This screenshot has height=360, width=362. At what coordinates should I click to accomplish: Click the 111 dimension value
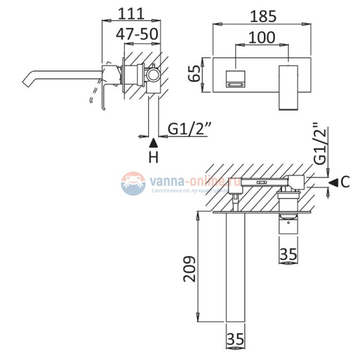tap(131, 13)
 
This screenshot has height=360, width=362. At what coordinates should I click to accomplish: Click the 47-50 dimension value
tap(135, 33)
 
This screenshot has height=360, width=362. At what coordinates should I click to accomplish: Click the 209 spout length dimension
tap(189, 269)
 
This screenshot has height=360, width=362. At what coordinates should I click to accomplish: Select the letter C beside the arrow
tap(345, 181)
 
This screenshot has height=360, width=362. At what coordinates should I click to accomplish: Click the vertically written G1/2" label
tap(320, 144)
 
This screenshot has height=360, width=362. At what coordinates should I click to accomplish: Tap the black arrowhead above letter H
tap(154, 141)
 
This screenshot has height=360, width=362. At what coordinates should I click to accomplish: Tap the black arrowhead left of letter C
tap(333, 181)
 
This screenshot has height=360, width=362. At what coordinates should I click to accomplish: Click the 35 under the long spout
tap(237, 338)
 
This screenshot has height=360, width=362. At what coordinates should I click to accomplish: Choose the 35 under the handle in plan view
tap(288, 254)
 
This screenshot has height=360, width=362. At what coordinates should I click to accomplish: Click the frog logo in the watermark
tap(132, 183)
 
